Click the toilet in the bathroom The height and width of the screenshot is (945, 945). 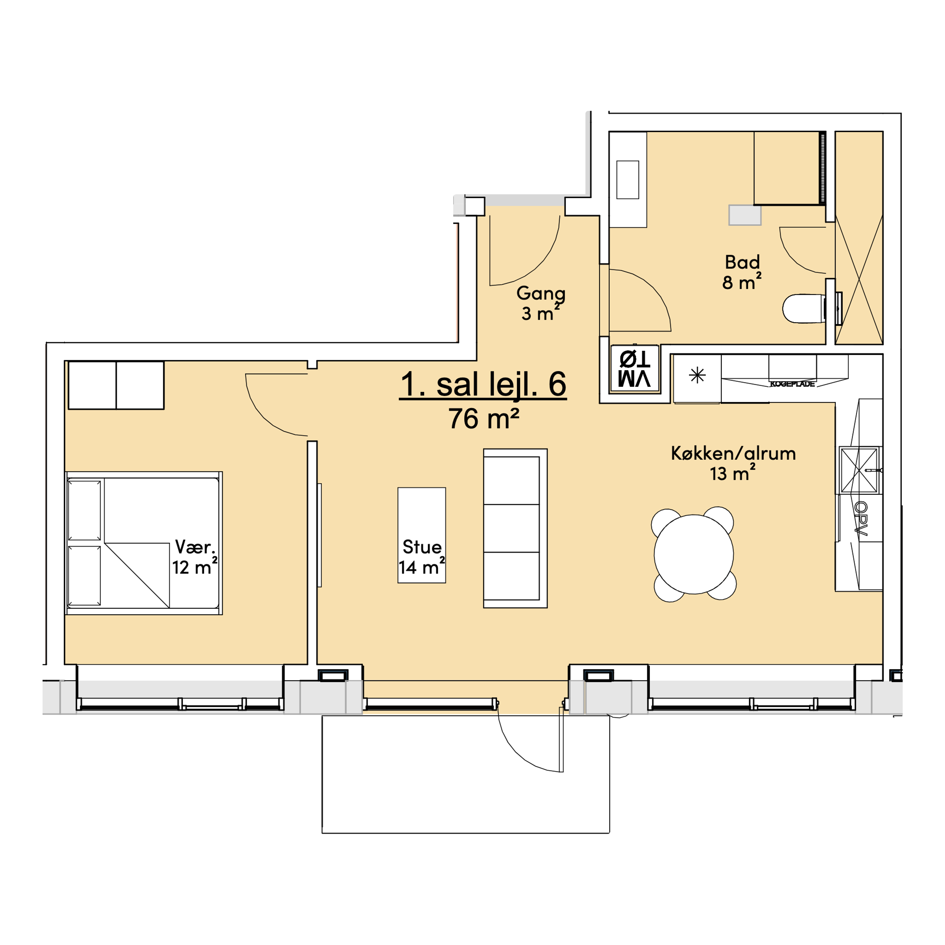pos(804,309)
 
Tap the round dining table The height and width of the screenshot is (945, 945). pos(693,554)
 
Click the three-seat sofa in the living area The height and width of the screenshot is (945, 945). pos(515,528)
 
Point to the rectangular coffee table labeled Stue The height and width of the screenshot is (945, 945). pos(422,535)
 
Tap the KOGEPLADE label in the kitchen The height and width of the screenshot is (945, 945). pos(792,384)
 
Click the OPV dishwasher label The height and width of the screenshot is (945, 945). pos(860,519)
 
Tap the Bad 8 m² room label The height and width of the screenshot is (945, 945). pos(742,272)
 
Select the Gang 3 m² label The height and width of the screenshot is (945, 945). pos(540,303)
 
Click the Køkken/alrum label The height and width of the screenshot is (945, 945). pos(733,453)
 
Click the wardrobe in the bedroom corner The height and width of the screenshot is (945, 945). pos(116,385)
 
